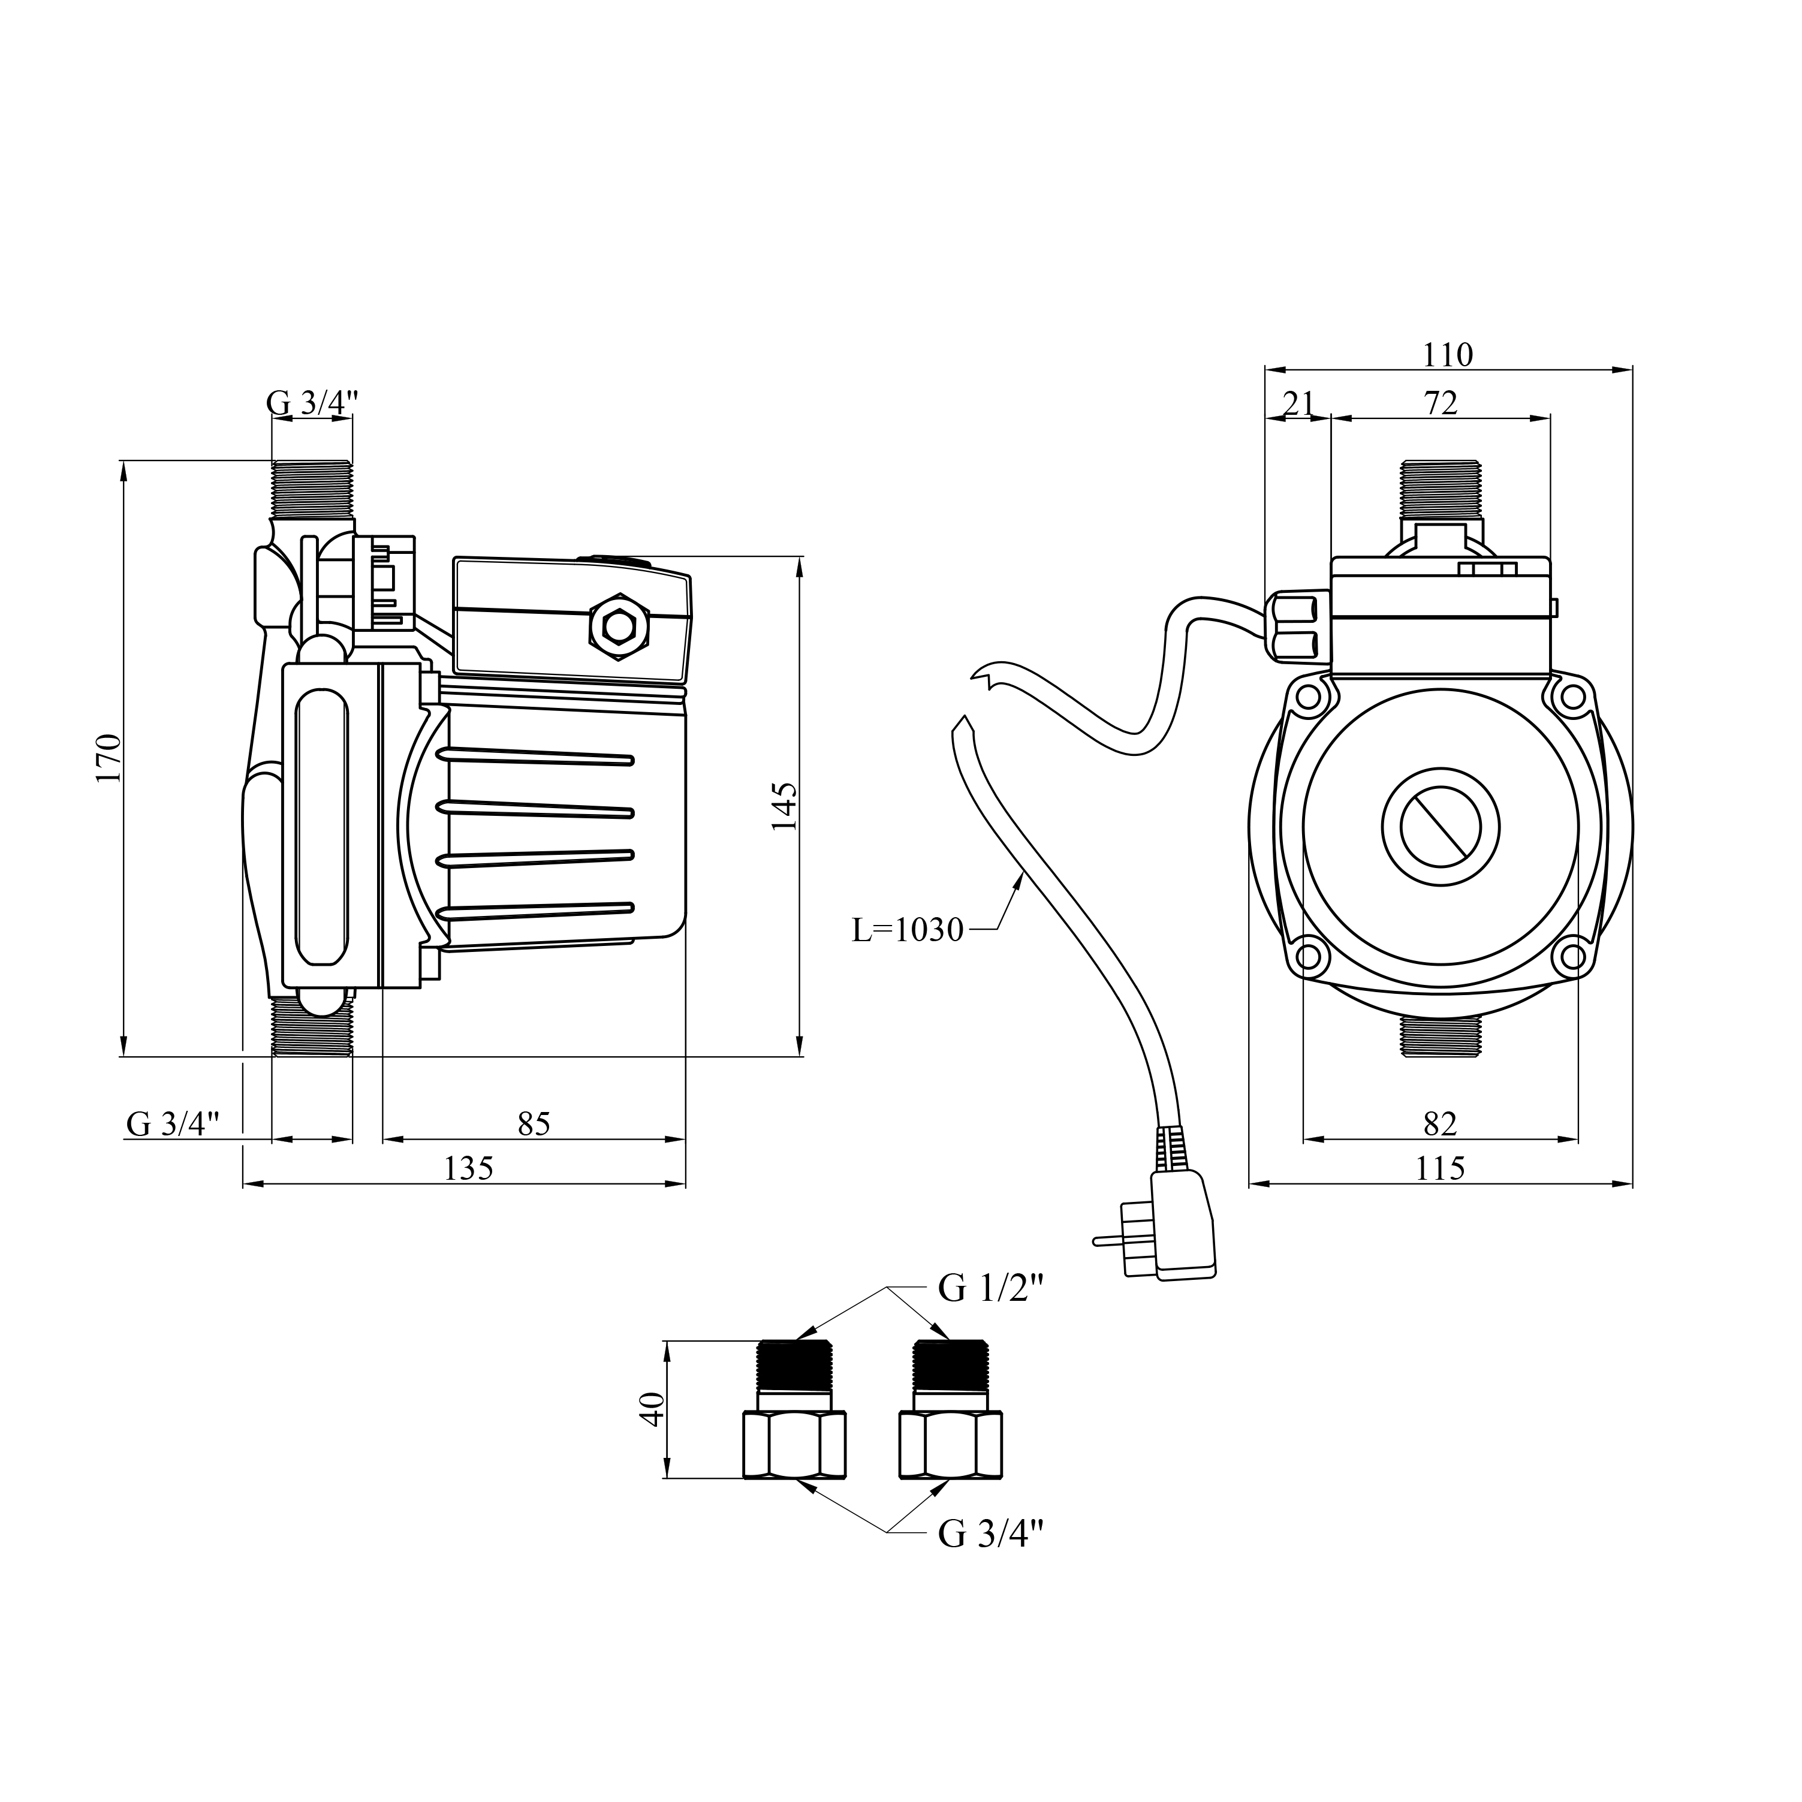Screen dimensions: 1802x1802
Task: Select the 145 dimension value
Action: click(x=785, y=807)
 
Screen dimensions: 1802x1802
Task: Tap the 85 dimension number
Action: click(x=535, y=1124)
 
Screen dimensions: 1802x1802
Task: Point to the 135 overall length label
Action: click(x=468, y=1168)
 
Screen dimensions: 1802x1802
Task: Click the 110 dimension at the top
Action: click(x=1448, y=355)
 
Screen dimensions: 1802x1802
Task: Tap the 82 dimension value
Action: click(x=1440, y=1124)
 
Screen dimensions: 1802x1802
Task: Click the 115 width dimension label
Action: click(x=1440, y=1168)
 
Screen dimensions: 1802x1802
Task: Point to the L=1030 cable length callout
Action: click(x=908, y=930)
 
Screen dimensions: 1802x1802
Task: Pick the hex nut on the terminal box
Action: click(x=619, y=627)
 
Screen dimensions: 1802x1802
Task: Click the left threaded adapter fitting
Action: click(x=795, y=1411)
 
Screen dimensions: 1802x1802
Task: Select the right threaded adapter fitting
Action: click(x=950, y=1411)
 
